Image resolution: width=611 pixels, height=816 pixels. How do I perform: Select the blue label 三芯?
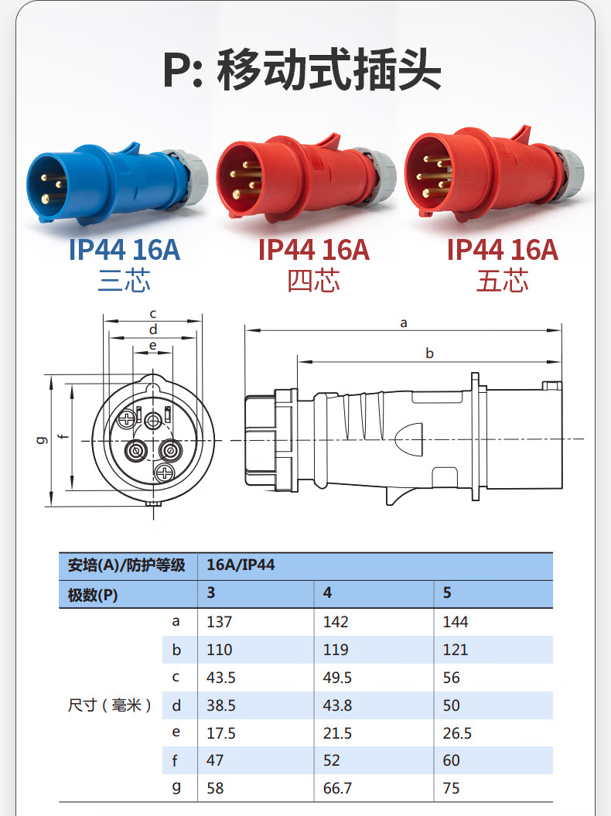point(125,281)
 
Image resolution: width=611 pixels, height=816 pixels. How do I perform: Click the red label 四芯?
point(313,281)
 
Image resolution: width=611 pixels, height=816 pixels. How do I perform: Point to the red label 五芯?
point(502,281)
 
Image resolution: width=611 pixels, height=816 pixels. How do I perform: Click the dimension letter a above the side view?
point(404,323)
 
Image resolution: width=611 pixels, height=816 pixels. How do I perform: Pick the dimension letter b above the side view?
point(429,353)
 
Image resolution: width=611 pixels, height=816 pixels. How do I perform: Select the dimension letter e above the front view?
point(152,345)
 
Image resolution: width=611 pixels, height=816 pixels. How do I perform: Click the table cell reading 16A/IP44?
point(241,565)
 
